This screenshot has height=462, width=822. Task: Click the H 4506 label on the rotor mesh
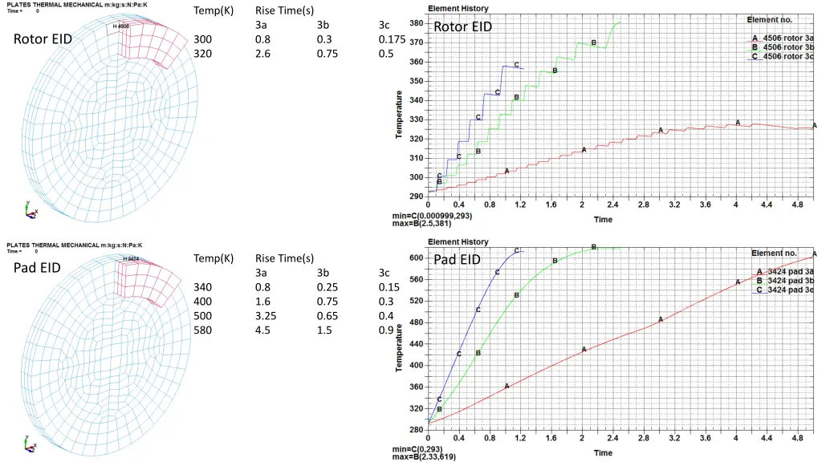(x=121, y=26)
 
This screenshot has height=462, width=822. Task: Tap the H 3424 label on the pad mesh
(x=132, y=259)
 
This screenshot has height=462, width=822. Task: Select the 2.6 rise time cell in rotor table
(x=262, y=54)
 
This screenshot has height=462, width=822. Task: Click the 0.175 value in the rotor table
(x=391, y=39)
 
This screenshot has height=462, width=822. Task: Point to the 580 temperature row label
(x=202, y=330)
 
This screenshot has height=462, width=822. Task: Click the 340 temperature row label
(x=202, y=287)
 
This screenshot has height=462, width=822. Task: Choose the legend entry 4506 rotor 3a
(x=787, y=38)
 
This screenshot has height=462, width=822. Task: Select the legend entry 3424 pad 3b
(x=787, y=281)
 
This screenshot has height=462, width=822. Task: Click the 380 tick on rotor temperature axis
(x=417, y=23)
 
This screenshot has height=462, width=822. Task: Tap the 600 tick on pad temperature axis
(x=417, y=257)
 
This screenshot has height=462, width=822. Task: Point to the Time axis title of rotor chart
(x=603, y=220)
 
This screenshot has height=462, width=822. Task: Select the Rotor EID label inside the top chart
(x=462, y=27)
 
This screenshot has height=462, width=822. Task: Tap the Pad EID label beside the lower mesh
(x=38, y=268)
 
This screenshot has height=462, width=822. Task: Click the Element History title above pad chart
(x=458, y=241)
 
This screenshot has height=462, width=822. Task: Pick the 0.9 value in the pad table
(x=386, y=330)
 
